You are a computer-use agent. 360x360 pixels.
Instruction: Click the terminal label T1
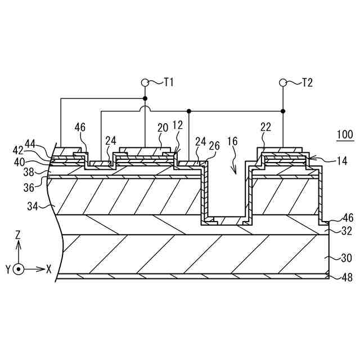[168, 83]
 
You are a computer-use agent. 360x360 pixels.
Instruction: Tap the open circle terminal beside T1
[145, 83]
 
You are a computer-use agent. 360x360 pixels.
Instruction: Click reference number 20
[163, 128]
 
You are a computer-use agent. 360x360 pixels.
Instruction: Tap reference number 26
[214, 145]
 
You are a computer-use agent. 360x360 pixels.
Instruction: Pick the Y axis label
[8, 269]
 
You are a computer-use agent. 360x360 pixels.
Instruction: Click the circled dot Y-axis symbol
[19, 269]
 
